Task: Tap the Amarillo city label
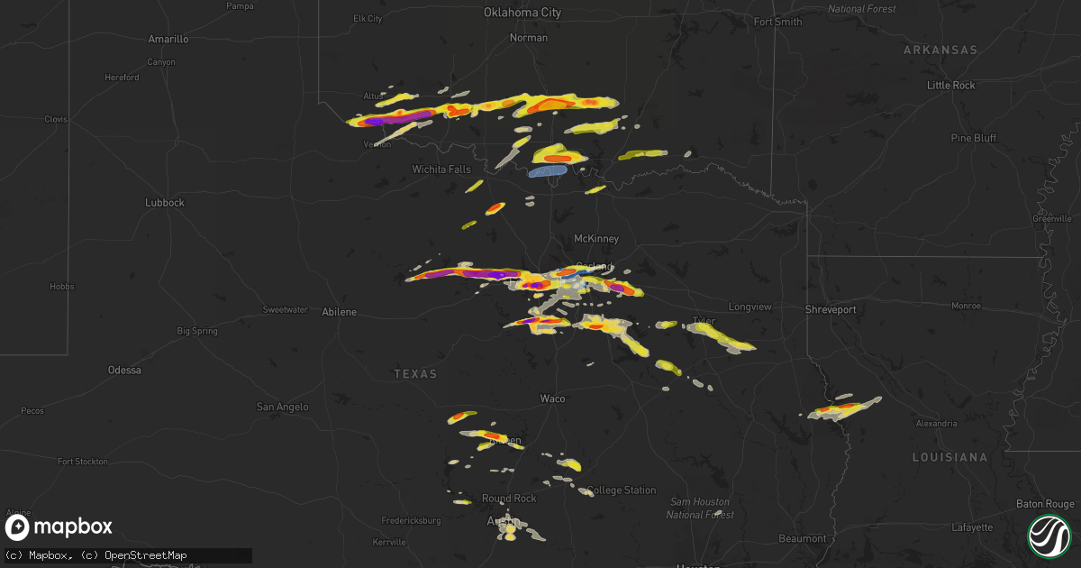168,40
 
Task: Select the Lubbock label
165,203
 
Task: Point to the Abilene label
340,312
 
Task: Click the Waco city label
552,399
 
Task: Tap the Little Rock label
951,86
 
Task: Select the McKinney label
596,239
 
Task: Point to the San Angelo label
283,408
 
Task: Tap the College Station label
622,490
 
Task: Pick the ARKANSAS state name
940,50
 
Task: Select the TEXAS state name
415,374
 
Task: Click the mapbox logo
59,527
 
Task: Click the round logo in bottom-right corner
1049,534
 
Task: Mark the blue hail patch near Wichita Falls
548,170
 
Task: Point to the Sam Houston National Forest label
700,508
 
